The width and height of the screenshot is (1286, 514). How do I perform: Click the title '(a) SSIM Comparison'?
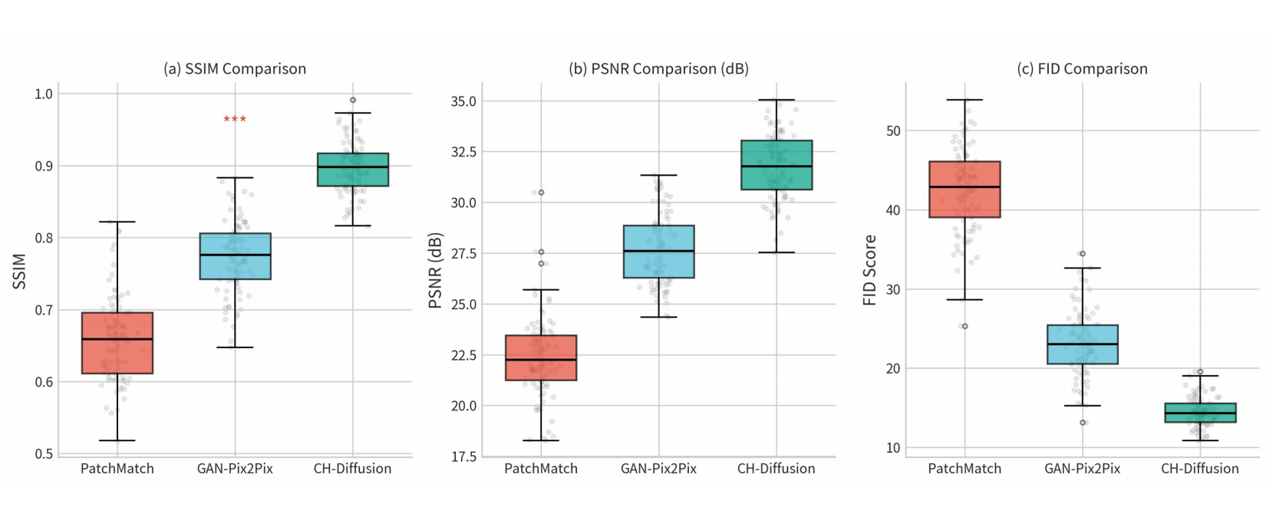pos(235,69)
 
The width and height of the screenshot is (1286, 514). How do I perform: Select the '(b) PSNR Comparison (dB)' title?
pos(658,69)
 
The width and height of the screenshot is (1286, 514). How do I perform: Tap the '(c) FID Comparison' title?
pos(1082,69)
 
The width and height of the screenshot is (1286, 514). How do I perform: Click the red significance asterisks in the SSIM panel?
pos(235,120)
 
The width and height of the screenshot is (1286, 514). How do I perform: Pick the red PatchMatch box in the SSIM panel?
pos(117,343)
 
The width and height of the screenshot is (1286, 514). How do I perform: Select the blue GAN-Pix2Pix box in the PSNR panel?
pos(658,252)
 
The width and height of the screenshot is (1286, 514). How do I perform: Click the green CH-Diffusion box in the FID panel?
pos(1200,412)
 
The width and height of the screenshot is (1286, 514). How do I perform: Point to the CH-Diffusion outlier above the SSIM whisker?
pos(352,100)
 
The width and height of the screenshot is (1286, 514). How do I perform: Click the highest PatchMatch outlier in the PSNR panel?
pos(541,193)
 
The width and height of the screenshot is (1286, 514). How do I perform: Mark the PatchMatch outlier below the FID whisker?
pos(964,326)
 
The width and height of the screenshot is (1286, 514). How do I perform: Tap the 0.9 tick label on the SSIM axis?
pos(43,166)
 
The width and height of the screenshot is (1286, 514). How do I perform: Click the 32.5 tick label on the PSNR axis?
pos(464,152)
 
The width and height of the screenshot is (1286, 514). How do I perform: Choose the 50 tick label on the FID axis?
pos(893,131)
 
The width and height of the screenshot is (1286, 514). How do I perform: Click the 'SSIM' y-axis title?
pos(19,271)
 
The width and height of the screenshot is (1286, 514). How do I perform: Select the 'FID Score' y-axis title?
pos(869,270)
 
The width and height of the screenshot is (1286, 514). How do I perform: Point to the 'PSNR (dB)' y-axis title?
pos(436,271)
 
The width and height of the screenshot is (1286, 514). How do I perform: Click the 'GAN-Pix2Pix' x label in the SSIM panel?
pos(235,469)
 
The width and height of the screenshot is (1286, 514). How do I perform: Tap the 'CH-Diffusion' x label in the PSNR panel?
pos(777,469)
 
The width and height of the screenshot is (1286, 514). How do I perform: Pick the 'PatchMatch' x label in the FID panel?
pos(964,469)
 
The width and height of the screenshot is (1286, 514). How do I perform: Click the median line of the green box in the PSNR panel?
pos(777,166)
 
